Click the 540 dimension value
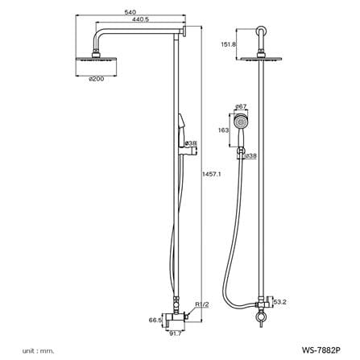tap(130, 12)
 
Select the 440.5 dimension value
tap(140, 19)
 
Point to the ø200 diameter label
tap(96, 79)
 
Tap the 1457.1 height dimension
tap(211, 174)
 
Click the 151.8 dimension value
tap(228, 44)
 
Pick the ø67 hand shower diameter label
tap(241, 106)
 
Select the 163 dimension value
tap(224, 130)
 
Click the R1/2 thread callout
tap(202, 304)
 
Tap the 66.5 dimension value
tap(155, 320)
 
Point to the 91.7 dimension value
tap(176, 333)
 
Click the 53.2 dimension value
tap(279, 302)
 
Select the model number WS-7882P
tap(321, 350)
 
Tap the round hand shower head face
tap(240, 122)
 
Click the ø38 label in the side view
tap(192, 143)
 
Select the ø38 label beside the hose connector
tap(251, 155)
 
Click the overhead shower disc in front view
tap(261, 59)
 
